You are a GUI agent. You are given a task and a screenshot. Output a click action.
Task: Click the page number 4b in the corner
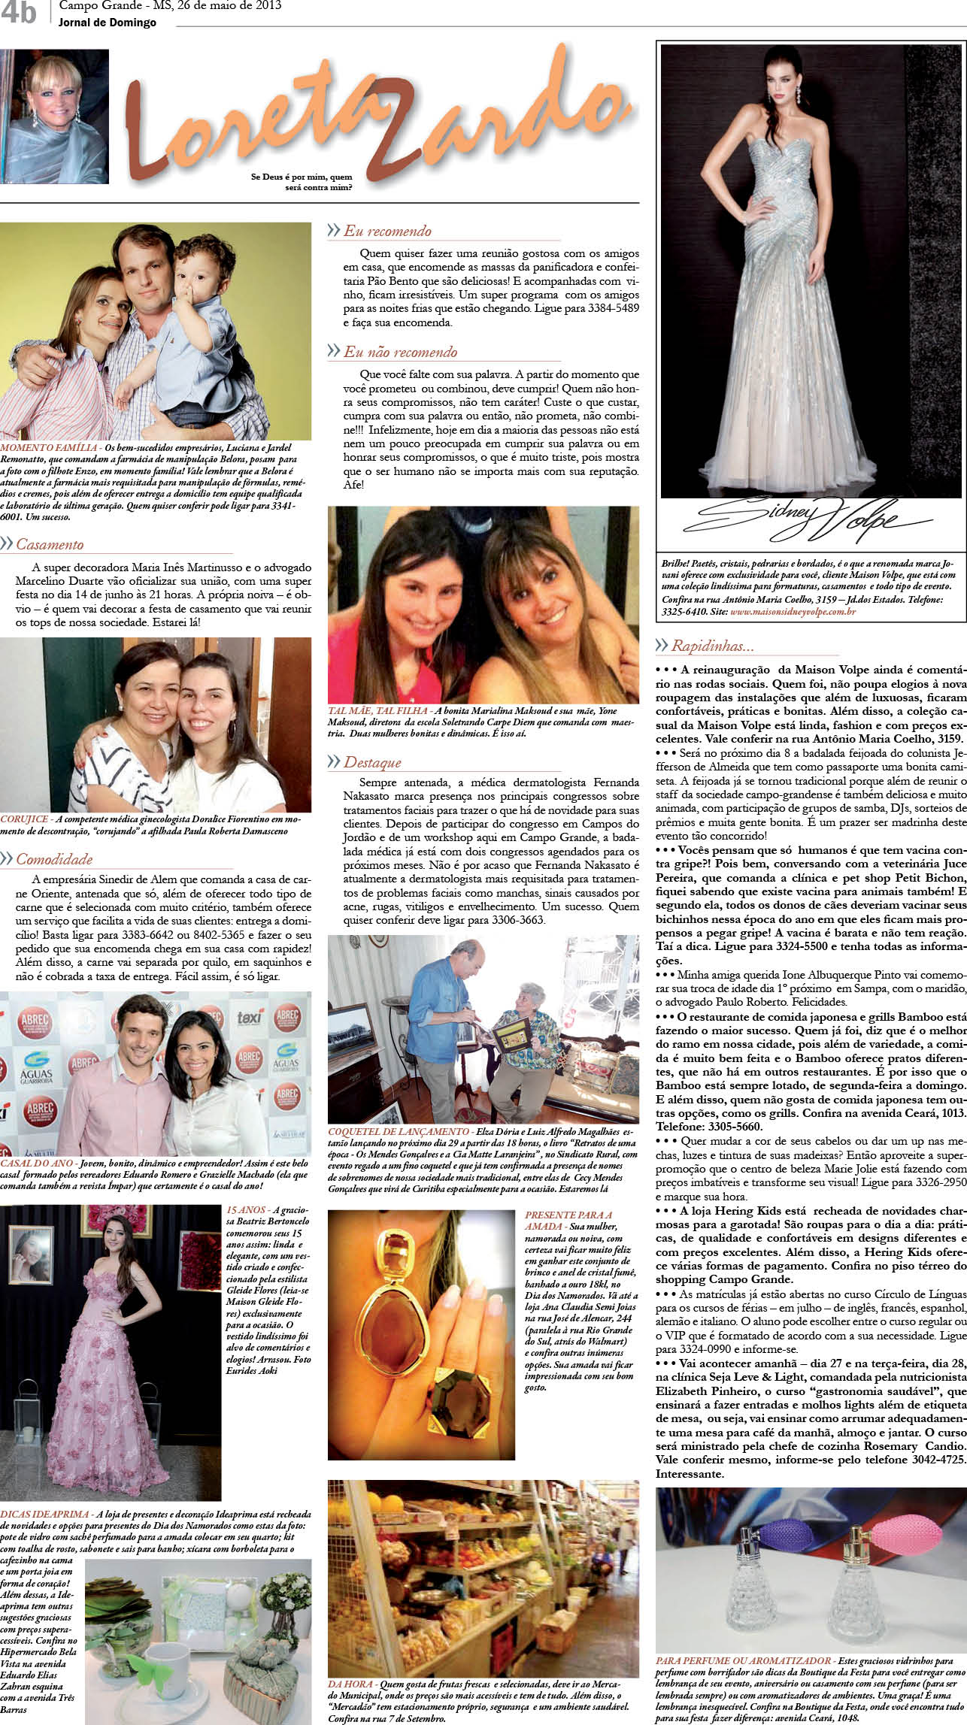20,14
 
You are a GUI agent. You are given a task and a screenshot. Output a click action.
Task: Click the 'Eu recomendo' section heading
387,231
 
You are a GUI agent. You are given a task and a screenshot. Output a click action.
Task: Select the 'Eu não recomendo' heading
400,352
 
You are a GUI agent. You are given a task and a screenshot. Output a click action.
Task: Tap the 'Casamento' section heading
50,544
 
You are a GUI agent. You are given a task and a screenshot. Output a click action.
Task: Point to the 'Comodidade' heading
54,859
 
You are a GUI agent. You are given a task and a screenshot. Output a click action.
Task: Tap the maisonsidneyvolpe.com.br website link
793,612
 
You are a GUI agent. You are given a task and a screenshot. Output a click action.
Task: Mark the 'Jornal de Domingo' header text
108,23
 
